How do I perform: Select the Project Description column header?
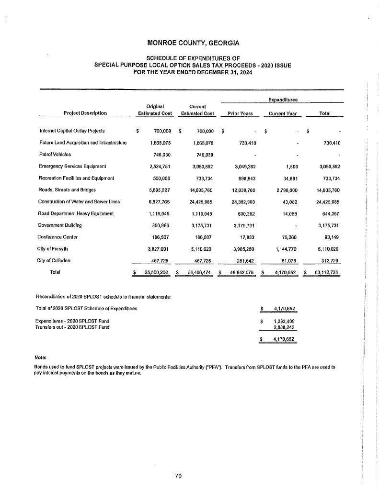coord(85,113)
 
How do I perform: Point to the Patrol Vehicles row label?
coord(55,155)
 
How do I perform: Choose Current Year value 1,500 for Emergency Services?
coord(290,167)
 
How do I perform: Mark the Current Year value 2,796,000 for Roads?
coord(286,189)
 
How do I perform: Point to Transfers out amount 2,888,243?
coord(283,327)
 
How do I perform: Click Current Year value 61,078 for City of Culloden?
coord(287,260)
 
